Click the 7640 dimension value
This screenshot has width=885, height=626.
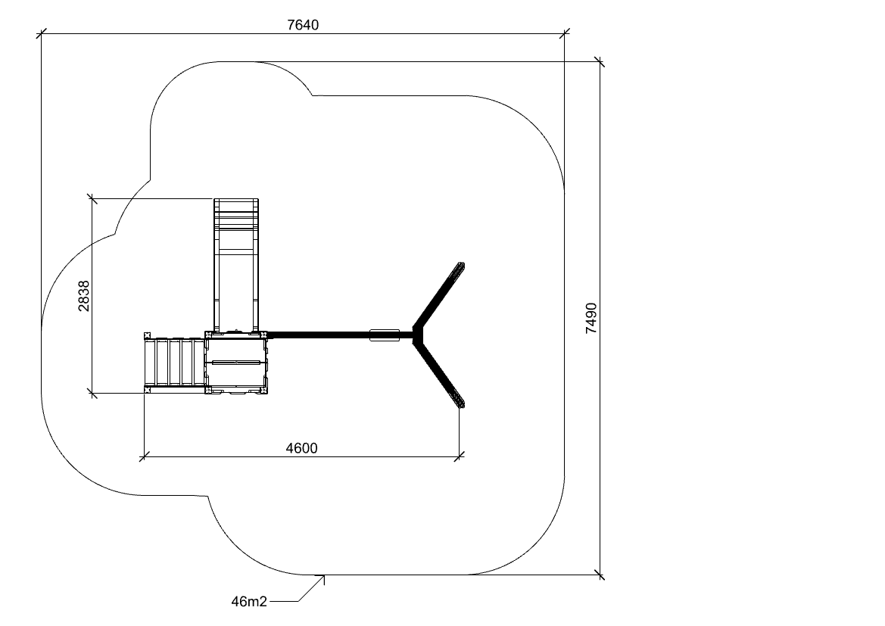click(303, 25)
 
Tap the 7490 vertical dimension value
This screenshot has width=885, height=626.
click(591, 319)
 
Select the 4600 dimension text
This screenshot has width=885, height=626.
click(302, 448)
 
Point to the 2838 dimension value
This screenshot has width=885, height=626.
click(83, 296)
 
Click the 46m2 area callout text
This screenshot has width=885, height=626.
click(249, 602)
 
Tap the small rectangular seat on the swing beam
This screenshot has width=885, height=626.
click(385, 335)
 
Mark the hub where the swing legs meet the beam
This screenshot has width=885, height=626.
click(418, 335)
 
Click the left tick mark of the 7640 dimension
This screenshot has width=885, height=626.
click(41, 34)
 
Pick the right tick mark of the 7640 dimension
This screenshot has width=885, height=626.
click(564, 34)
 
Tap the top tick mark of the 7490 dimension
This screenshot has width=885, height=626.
click(600, 61)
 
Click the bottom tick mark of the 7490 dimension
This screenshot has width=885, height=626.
click(600, 575)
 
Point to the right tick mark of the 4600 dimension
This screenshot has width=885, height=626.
click(460, 456)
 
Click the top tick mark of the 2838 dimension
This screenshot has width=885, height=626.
click(92, 198)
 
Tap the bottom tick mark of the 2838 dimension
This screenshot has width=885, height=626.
click(92, 393)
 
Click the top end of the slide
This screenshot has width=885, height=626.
click(236, 200)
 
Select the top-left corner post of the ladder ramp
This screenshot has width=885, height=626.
click(148, 336)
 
